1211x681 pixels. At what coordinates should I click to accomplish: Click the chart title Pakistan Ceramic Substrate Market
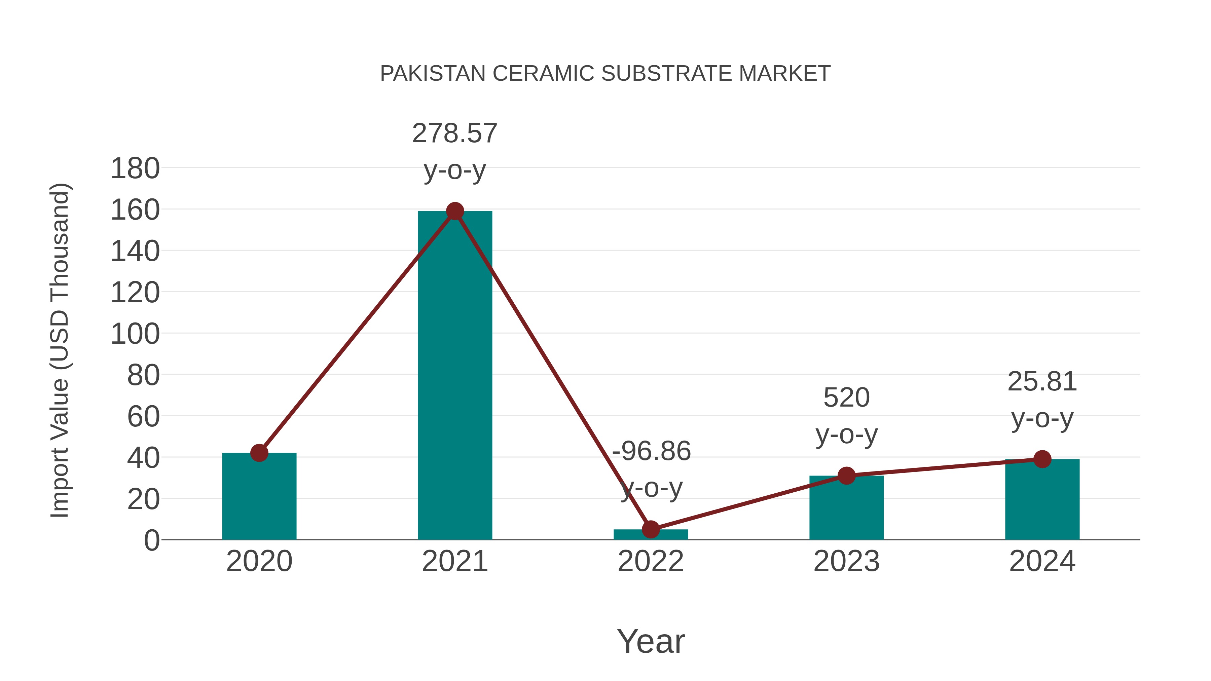pyautogui.click(x=605, y=74)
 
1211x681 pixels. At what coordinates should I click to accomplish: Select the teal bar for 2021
pyautogui.click(x=454, y=376)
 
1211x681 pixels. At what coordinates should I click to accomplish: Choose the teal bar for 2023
pyautogui.click(x=846, y=510)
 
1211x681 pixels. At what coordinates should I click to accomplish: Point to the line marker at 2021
pyautogui.click(x=454, y=211)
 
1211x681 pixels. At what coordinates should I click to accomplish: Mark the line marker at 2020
pyautogui.click(x=259, y=453)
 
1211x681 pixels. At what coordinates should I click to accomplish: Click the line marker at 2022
pyautogui.click(x=651, y=530)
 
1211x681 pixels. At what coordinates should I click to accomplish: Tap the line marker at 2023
pyautogui.click(x=846, y=476)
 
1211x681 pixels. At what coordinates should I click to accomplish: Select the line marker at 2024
pyautogui.click(x=1042, y=459)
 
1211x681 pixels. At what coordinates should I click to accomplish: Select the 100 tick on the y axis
pyautogui.click(x=135, y=334)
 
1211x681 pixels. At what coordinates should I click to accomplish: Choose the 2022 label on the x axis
pyautogui.click(x=651, y=561)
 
